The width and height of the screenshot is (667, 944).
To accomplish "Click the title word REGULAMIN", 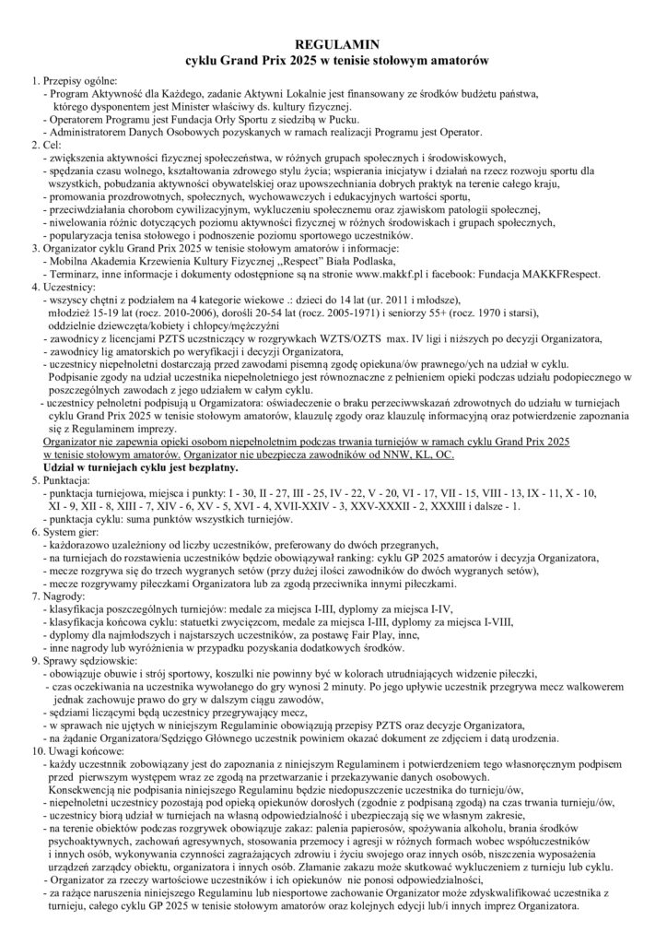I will coord(333,43).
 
